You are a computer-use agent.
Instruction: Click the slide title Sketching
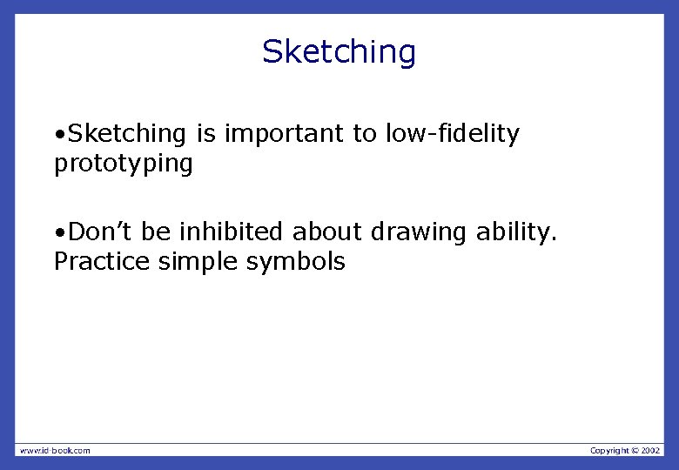point(339,52)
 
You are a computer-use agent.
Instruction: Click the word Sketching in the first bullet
point(127,134)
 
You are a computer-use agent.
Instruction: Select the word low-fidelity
point(453,134)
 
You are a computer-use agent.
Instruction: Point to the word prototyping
point(123,164)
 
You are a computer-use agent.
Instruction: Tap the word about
point(329,232)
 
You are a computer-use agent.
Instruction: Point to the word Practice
point(103,261)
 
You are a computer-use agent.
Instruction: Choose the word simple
point(189,262)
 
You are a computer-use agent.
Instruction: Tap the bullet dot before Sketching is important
point(57,135)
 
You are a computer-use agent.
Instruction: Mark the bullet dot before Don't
point(57,232)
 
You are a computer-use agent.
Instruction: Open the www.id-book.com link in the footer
point(54,450)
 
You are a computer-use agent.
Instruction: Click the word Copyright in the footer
point(609,450)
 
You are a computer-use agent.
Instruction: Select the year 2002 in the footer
point(651,450)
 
